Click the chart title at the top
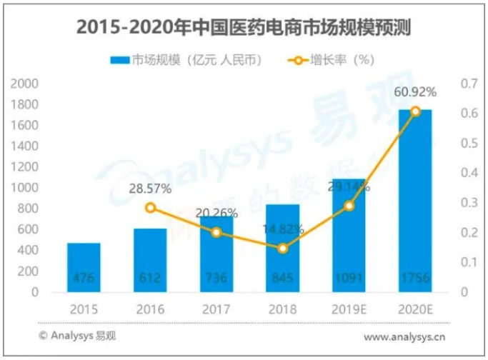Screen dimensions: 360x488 point(243,27)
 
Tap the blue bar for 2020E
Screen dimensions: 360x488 point(415,200)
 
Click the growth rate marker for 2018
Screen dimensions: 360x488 point(283,249)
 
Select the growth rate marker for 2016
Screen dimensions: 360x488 point(150,208)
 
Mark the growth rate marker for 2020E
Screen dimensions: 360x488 point(415,111)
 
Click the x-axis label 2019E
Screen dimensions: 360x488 point(349,310)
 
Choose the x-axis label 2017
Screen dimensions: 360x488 point(216,310)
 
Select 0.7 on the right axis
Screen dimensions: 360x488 point(468,84)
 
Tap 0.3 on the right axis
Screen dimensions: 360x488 point(468,203)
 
